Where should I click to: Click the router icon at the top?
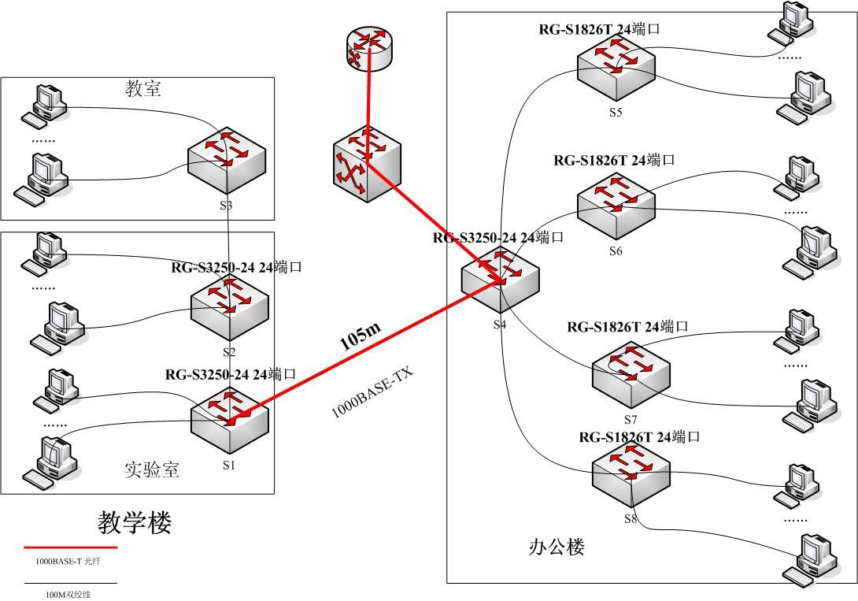(368, 50)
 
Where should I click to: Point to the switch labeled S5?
(616, 65)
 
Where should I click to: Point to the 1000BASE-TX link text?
(372, 391)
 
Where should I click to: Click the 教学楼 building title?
(135, 521)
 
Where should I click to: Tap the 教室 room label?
(143, 88)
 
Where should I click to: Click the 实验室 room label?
(152, 469)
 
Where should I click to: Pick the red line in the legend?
(70, 547)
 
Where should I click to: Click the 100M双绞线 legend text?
(68, 594)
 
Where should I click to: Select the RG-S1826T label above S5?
(599, 29)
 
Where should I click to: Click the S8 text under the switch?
(631, 519)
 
